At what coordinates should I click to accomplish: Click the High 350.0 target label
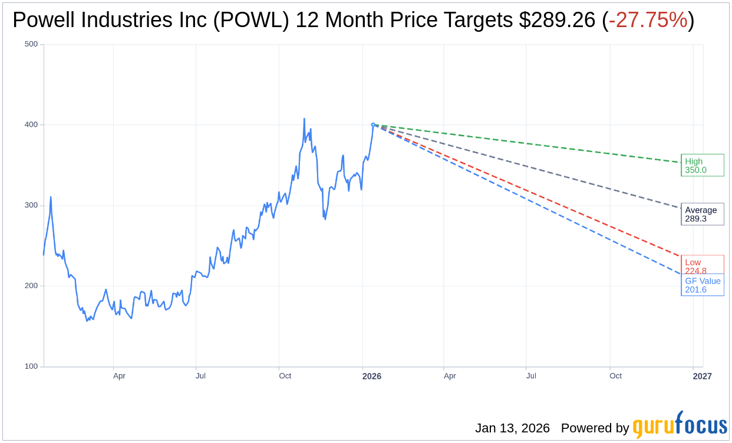pyautogui.click(x=701, y=166)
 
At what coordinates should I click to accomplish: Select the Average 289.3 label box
pyautogui.click(x=701, y=214)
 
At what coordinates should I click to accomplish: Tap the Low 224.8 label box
pyautogui.click(x=701, y=265)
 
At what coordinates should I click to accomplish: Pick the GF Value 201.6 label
pyautogui.click(x=702, y=285)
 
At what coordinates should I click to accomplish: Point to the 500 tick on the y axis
pyautogui.click(x=31, y=44)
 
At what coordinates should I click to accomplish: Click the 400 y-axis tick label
pyautogui.click(x=31, y=125)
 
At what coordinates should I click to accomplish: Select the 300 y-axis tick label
pyautogui.click(x=31, y=206)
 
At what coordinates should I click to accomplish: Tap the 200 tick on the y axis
pyautogui.click(x=31, y=286)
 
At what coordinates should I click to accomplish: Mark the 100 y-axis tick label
pyautogui.click(x=31, y=366)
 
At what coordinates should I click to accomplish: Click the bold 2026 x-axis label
pyautogui.click(x=371, y=376)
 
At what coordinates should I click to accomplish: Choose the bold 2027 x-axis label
pyautogui.click(x=702, y=376)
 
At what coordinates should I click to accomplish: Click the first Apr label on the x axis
pyautogui.click(x=119, y=376)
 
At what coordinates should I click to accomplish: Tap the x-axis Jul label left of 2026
pyautogui.click(x=200, y=376)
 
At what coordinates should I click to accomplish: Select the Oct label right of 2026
pyautogui.click(x=615, y=376)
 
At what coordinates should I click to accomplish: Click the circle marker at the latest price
pyautogui.click(x=373, y=125)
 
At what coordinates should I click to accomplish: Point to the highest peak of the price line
pyautogui.click(x=304, y=119)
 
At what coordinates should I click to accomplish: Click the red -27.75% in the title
pyautogui.click(x=648, y=21)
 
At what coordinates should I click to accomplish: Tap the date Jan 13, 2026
pyautogui.click(x=512, y=428)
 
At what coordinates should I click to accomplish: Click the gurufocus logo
pyautogui.click(x=680, y=426)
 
